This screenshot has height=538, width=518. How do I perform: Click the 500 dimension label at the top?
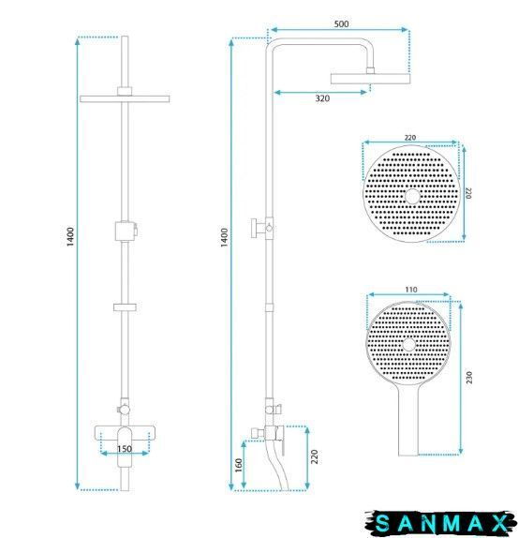pos(341,24)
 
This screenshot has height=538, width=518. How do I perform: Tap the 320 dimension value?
pos(322,98)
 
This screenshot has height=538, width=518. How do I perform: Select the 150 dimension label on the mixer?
pos(125,449)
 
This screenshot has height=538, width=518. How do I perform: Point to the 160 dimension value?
pos(239,465)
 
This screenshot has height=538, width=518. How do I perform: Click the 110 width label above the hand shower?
pos(411,290)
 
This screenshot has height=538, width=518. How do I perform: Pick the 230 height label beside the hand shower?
pos(469,377)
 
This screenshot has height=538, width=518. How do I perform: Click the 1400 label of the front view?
pos(70,237)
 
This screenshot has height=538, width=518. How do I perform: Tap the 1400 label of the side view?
pos(224,237)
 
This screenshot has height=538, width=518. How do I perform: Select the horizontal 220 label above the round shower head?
pos(410,138)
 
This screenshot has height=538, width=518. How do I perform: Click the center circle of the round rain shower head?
pos(412,196)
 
